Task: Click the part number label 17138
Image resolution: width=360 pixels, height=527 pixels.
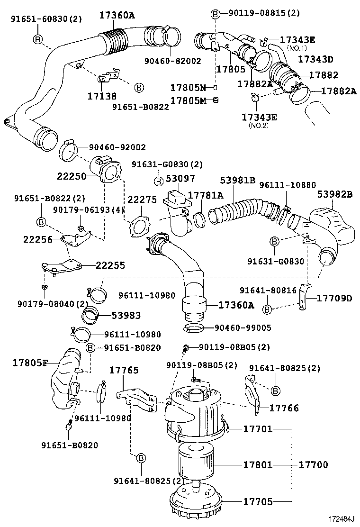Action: pyautogui.click(x=102, y=96)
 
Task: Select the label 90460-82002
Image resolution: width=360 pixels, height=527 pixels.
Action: pyautogui.click(x=172, y=61)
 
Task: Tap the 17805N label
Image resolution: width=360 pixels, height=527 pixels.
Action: pyautogui.click(x=188, y=88)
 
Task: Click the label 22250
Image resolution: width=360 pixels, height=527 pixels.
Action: pyautogui.click(x=72, y=176)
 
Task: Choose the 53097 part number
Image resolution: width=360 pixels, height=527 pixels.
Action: pyautogui.click(x=177, y=180)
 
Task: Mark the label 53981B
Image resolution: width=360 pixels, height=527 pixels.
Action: pyautogui.click(x=238, y=180)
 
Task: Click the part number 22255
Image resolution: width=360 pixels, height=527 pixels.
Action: pyautogui.click(x=110, y=265)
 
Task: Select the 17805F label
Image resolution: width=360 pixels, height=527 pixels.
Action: pyautogui.click(x=30, y=363)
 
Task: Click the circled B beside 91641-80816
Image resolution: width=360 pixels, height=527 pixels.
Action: pyautogui.click(x=267, y=309)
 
